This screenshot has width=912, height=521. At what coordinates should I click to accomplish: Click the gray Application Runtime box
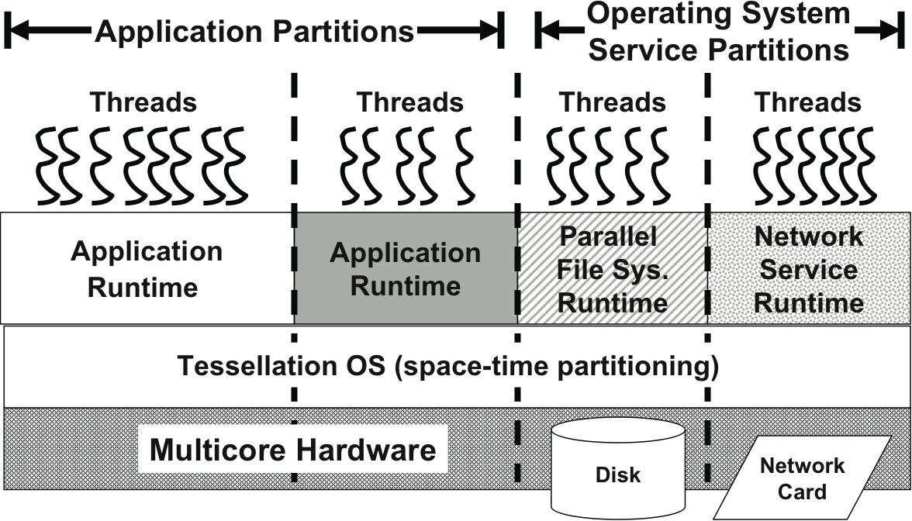point(406,269)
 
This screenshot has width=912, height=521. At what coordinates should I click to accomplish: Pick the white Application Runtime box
point(147,269)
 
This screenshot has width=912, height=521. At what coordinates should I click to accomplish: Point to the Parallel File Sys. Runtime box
point(613,269)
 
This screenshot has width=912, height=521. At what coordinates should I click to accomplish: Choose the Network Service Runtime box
point(809,269)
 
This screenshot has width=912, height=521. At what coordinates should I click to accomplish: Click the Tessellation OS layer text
point(448,365)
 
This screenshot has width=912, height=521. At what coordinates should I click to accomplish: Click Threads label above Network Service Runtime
point(808,102)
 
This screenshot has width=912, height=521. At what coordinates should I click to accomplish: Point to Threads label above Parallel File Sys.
point(613,102)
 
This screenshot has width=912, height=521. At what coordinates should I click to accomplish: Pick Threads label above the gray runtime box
point(409,102)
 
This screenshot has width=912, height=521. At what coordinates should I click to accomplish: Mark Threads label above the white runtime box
point(143,102)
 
